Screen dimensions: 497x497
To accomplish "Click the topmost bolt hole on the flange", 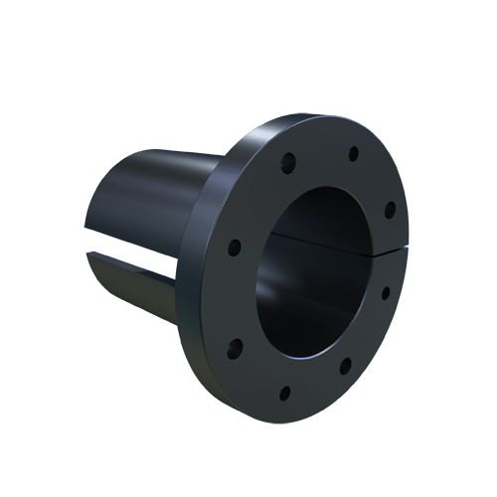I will click(353, 154).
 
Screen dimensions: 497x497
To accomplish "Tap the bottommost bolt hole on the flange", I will click(285, 392).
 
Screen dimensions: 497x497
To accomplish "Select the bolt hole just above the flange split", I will click(390, 209).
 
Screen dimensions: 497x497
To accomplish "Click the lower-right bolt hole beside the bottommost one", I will click(345, 367).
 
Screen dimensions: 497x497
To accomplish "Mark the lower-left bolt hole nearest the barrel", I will click(236, 347).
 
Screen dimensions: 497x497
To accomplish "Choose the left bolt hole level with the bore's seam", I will click(234, 246).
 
